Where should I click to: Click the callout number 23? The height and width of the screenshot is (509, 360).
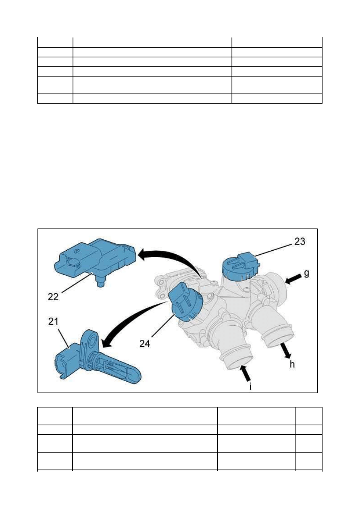[300, 241]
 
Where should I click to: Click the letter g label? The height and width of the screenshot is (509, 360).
[306, 273]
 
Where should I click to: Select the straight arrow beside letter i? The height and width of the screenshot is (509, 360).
[245, 373]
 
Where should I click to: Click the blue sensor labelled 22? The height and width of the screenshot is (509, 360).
[96, 260]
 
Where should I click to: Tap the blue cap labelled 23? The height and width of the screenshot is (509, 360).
[241, 266]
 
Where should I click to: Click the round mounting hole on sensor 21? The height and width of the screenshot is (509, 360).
[93, 341]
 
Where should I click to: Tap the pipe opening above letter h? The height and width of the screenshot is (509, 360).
[281, 340]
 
